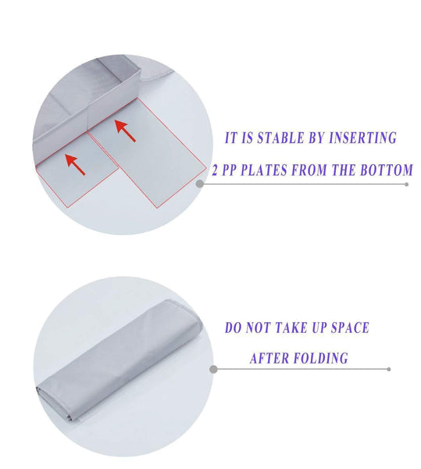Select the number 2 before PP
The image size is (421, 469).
coord(215,170)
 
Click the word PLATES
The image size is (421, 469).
coord(265,170)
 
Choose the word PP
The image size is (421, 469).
coord(232,170)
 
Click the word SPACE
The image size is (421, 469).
coord(347,328)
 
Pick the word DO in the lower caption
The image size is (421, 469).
coord(232,328)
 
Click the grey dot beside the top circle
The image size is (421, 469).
coord(200,184)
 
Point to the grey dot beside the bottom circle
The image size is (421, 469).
coord(212,368)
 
